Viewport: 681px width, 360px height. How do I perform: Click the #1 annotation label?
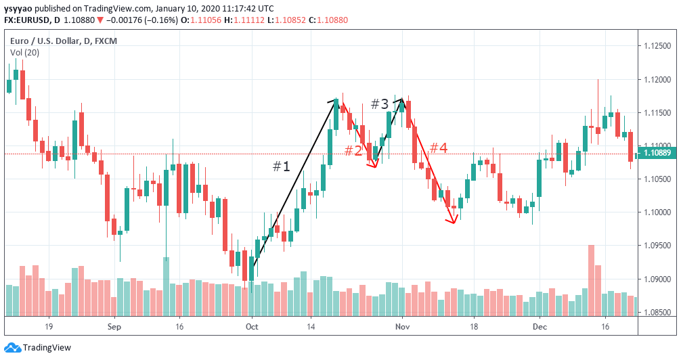click(x=281, y=166)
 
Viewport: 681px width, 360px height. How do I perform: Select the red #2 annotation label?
click(x=353, y=150)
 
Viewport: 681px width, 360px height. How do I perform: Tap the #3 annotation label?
click(x=380, y=104)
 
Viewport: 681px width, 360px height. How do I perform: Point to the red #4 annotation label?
click(x=439, y=148)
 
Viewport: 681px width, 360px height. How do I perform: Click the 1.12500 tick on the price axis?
click(x=656, y=46)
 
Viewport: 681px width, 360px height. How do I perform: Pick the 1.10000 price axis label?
click(x=656, y=212)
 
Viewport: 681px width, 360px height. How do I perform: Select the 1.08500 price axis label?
click(x=656, y=313)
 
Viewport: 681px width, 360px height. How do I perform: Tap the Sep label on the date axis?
click(x=113, y=326)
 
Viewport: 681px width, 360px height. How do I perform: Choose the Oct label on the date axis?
click(x=252, y=326)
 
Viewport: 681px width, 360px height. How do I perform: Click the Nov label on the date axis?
click(x=402, y=326)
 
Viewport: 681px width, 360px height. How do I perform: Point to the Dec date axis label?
click(x=540, y=326)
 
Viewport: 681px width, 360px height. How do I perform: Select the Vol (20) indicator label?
click(x=24, y=52)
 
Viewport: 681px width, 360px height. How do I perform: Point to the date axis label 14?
click(x=311, y=326)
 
